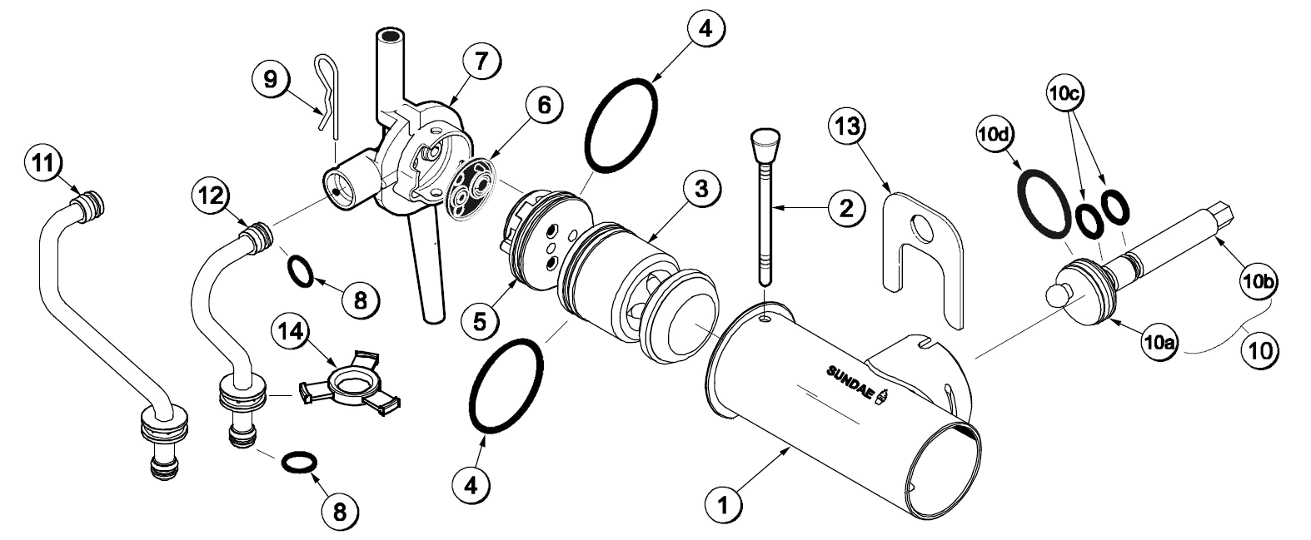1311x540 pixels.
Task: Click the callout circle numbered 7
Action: point(482,61)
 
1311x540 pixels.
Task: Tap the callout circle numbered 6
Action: point(543,107)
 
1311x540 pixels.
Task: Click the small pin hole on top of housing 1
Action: point(765,315)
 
